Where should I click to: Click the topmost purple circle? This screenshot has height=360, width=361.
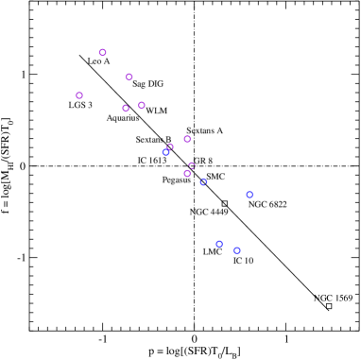(x=103, y=53)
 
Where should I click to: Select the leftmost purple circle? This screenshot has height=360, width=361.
(x=79, y=95)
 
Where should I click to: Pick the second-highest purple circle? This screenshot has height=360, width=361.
(x=129, y=77)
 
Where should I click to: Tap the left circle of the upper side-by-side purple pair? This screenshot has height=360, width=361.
(x=126, y=109)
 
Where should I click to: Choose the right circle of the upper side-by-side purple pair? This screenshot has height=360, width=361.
(x=142, y=106)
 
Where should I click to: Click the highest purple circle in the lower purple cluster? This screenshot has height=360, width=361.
(x=187, y=139)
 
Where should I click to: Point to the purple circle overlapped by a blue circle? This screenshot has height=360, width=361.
(x=170, y=146)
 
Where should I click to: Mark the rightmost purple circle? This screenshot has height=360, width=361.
(x=192, y=165)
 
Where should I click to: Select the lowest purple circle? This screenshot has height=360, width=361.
(x=187, y=174)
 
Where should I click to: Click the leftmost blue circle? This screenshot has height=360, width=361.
(x=166, y=152)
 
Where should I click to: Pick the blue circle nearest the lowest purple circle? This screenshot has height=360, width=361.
(x=203, y=182)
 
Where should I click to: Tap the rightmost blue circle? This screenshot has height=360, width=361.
(x=249, y=195)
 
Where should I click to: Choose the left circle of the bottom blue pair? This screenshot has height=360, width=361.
(x=219, y=244)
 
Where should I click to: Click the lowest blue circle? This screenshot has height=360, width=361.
(x=237, y=251)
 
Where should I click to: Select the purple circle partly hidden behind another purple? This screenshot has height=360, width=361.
(x=192, y=165)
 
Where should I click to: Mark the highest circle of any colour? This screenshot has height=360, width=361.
(x=103, y=53)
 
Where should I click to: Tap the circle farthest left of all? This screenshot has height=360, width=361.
(x=79, y=95)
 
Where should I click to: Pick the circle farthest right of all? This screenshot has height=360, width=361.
(x=249, y=195)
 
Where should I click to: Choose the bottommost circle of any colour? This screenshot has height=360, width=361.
(x=237, y=251)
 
